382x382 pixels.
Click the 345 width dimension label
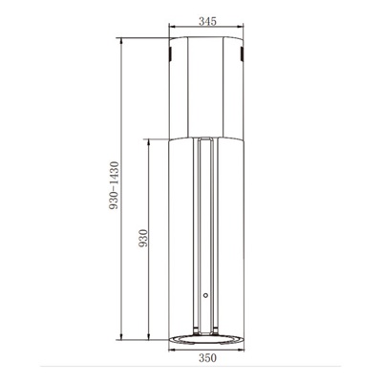[207, 21]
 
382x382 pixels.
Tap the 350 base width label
[207, 358]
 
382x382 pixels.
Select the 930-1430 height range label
[114, 185]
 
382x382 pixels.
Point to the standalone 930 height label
[143, 238]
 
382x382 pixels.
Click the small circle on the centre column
[205, 295]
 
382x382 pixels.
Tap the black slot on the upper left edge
[170, 54]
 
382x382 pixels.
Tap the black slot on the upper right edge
[242, 54]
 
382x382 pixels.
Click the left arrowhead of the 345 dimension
[171, 27]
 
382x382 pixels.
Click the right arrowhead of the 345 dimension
[241, 27]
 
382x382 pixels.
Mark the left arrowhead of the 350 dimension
[171, 350]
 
